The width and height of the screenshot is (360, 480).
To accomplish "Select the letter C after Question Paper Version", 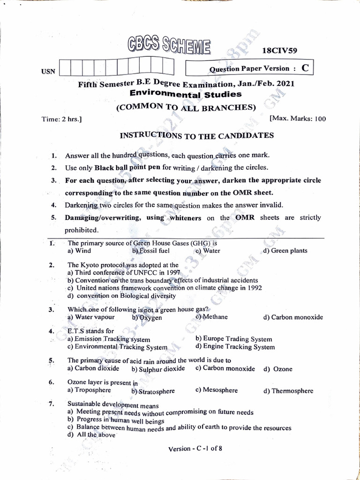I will tap(305, 68).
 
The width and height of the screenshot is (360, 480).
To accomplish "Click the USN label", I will tap(48, 71).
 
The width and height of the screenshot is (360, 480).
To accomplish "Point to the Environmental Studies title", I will tap(186, 94).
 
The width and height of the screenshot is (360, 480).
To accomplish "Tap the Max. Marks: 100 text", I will tap(298, 119).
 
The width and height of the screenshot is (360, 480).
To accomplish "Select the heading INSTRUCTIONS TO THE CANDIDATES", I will tap(197, 135).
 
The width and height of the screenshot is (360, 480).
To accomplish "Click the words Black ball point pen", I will tap(127, 167).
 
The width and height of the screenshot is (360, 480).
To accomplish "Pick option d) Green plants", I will tap(285, 251).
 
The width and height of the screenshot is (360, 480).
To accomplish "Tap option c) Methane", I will tap(211, 317).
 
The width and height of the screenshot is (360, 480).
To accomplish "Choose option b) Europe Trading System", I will tap(234, 339).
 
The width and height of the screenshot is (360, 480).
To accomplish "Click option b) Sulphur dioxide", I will tap(158, 369).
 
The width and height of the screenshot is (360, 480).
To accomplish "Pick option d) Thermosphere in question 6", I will tap(288, 391).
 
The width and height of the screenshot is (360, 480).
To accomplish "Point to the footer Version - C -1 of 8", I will tap(195, 449).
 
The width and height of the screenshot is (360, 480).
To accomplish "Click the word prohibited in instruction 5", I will tap(82, 230).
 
